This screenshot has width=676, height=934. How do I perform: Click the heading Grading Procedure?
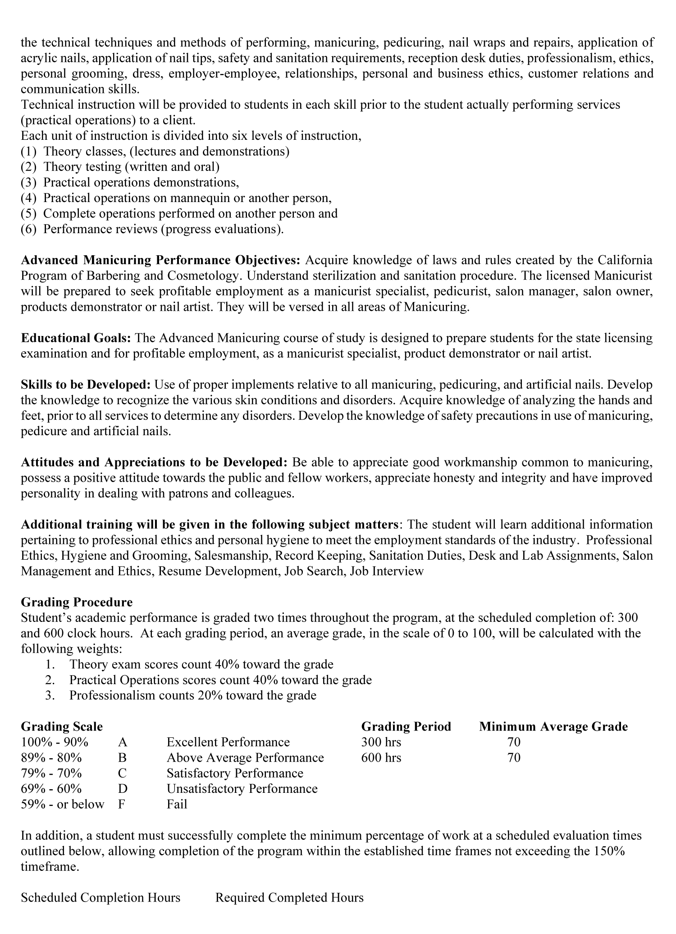(x=77, y=602)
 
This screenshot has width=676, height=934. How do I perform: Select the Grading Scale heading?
(x=62, y=727)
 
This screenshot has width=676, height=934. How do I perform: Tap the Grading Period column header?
(x=406, y=727)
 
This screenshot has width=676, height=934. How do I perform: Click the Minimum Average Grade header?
(x=553, y=727)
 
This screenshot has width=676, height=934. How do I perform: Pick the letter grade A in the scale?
(x=122, y=742)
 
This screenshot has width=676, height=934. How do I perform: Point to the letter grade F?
(x=121, y=804)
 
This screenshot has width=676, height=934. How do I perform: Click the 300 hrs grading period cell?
(x=381, y=742)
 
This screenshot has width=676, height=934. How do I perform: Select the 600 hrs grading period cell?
(x=381, y=757)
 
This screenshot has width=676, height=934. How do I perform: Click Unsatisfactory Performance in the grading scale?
(x=242, y=788)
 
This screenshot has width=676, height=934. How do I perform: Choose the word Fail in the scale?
(x=177, y=804)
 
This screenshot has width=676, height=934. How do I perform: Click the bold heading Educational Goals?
(x=76, y=338)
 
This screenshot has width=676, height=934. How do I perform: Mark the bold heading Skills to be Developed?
(x=86, y=385)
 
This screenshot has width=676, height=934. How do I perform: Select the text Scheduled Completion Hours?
(x=100, y=897)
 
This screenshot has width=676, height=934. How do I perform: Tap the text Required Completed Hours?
(x=289, y=897)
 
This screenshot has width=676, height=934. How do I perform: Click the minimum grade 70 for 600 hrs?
(x=514, y=757)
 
